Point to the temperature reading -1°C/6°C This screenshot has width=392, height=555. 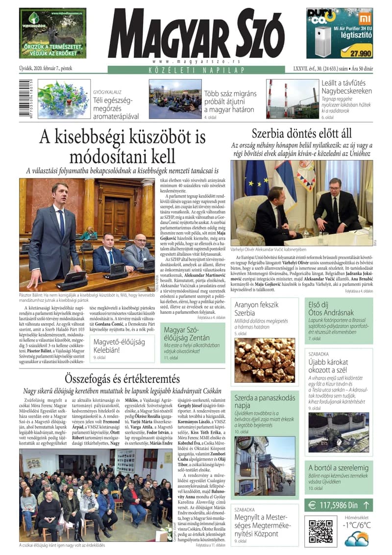point(357,525)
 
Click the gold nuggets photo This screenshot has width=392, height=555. point(264,360)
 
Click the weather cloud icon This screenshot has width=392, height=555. point(356,538)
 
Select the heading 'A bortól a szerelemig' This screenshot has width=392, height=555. point(339,467)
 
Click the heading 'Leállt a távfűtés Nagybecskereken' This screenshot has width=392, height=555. point(347,87)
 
